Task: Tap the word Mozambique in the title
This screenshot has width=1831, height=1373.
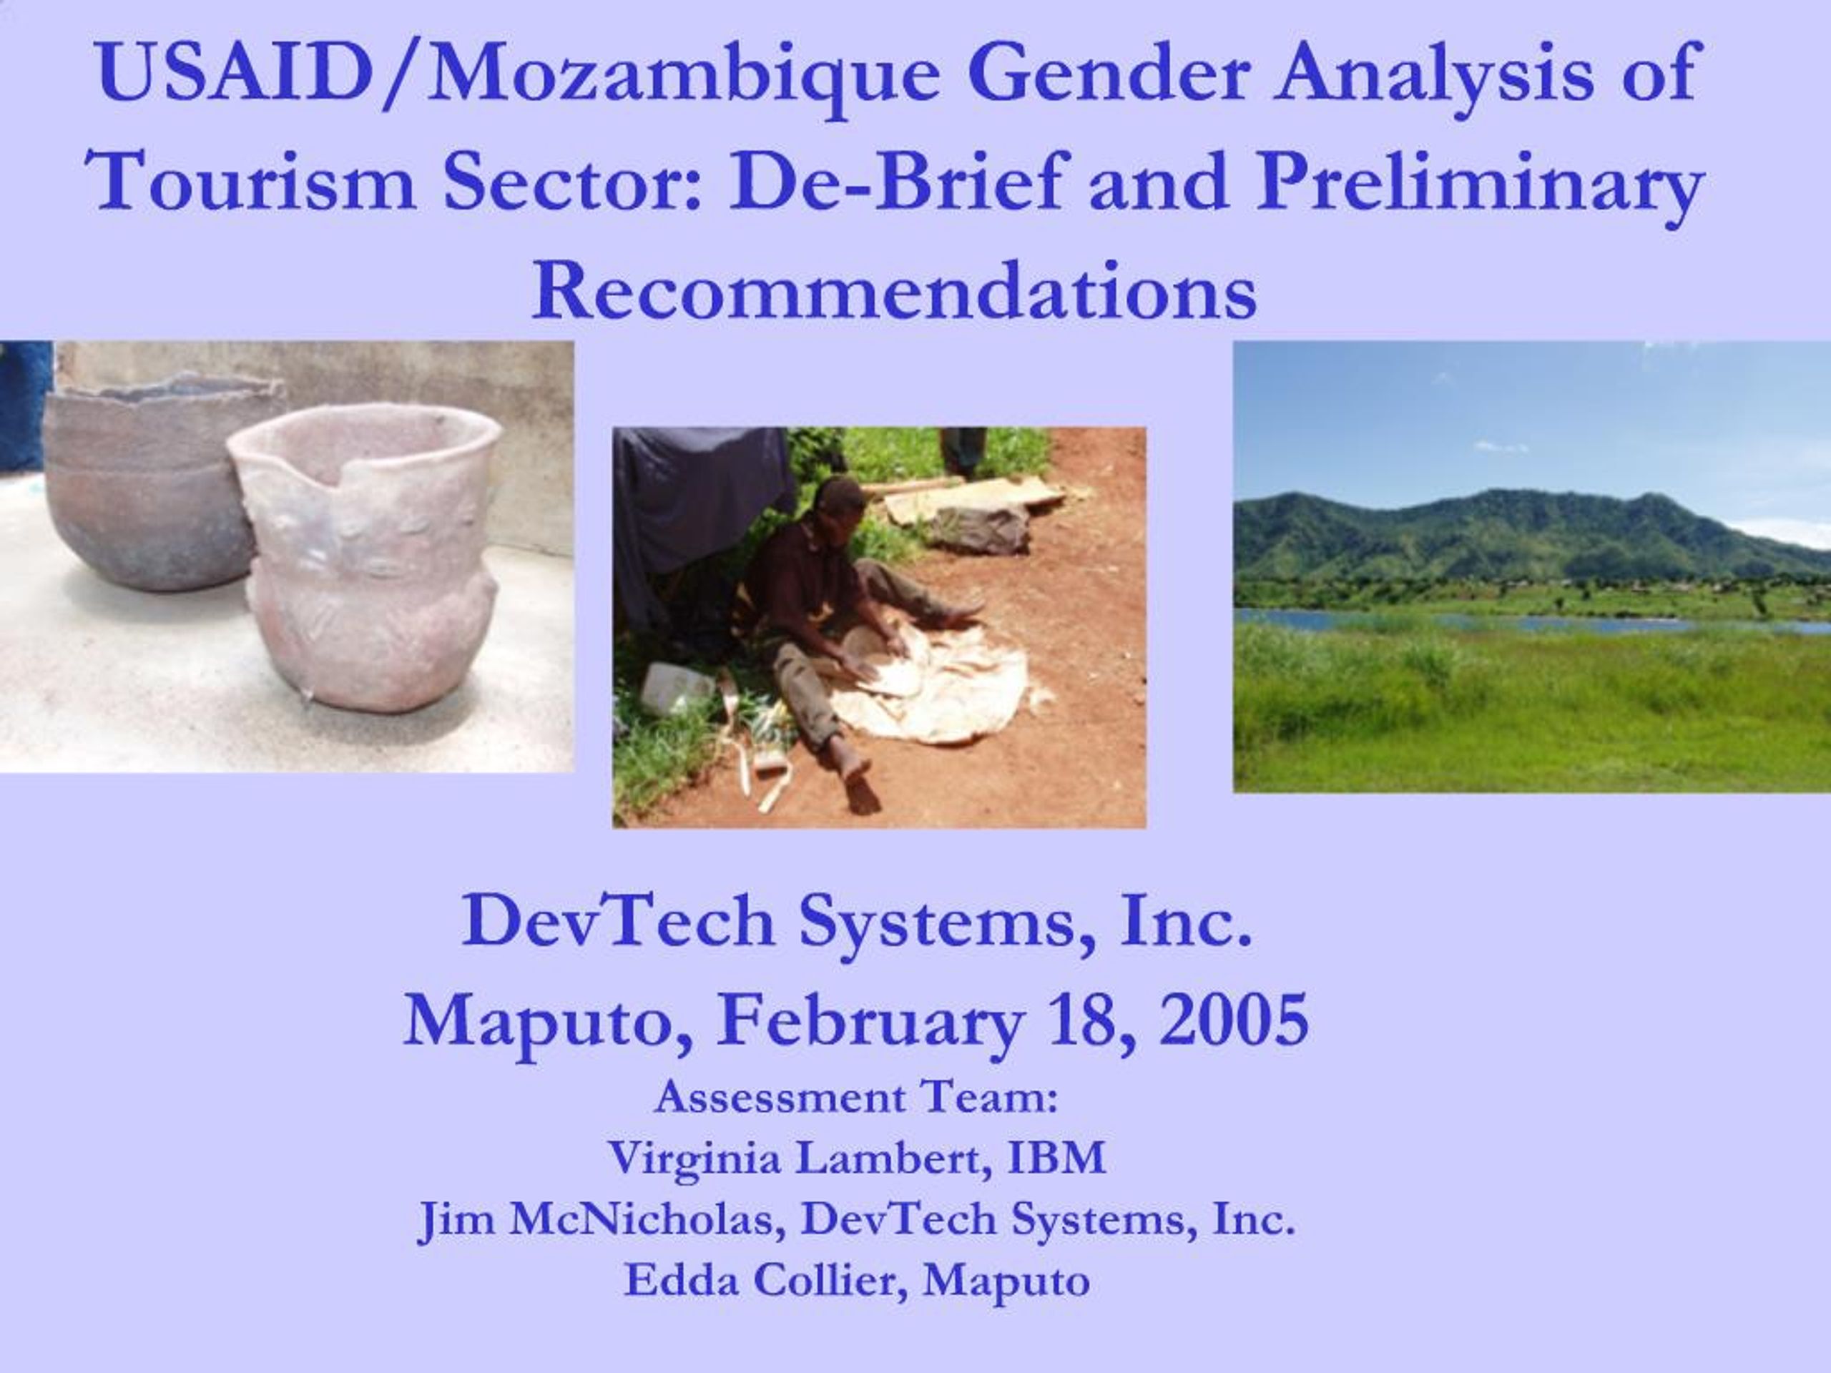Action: tap(683, 74)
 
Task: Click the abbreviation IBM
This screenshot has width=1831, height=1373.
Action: tap(1056, 1158)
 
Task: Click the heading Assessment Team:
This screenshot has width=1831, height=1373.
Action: tap(856, 1098)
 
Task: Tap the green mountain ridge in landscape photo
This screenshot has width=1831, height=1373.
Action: tap(1490, 530)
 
